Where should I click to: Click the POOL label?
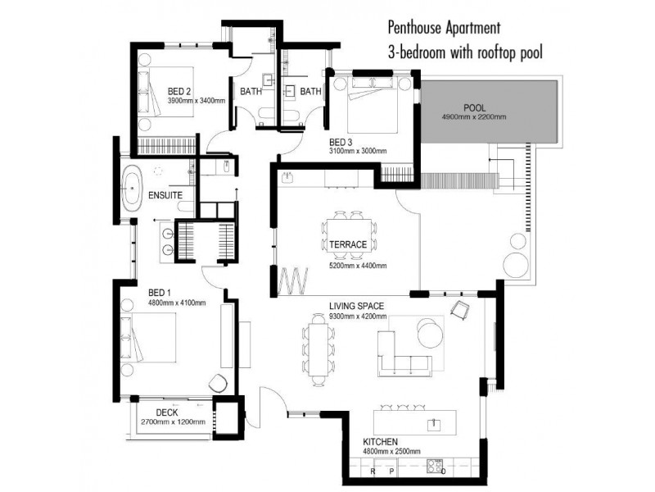[x=474, y=107]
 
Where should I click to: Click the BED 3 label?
[x=339, y=142]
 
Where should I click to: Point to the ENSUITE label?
[x=165, y=196]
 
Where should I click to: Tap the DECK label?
[x=167, y=412]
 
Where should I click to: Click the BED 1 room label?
[x=159, y=293]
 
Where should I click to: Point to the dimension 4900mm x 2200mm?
[x=474, y=117]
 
